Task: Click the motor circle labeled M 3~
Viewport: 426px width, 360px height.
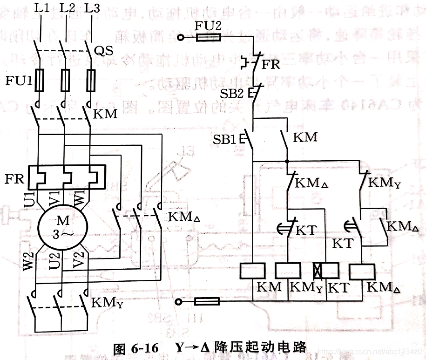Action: coord(62,227)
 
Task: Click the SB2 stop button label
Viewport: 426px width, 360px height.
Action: coord(231,93)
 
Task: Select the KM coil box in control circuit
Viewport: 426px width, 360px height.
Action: coord(252,271)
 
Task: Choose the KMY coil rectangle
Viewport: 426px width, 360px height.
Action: coord(289,271)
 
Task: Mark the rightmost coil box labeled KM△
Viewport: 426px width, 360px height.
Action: coord(362,271)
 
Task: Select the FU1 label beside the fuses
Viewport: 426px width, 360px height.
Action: coord(18,81)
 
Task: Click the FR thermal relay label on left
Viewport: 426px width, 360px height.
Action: coord(16,179)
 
